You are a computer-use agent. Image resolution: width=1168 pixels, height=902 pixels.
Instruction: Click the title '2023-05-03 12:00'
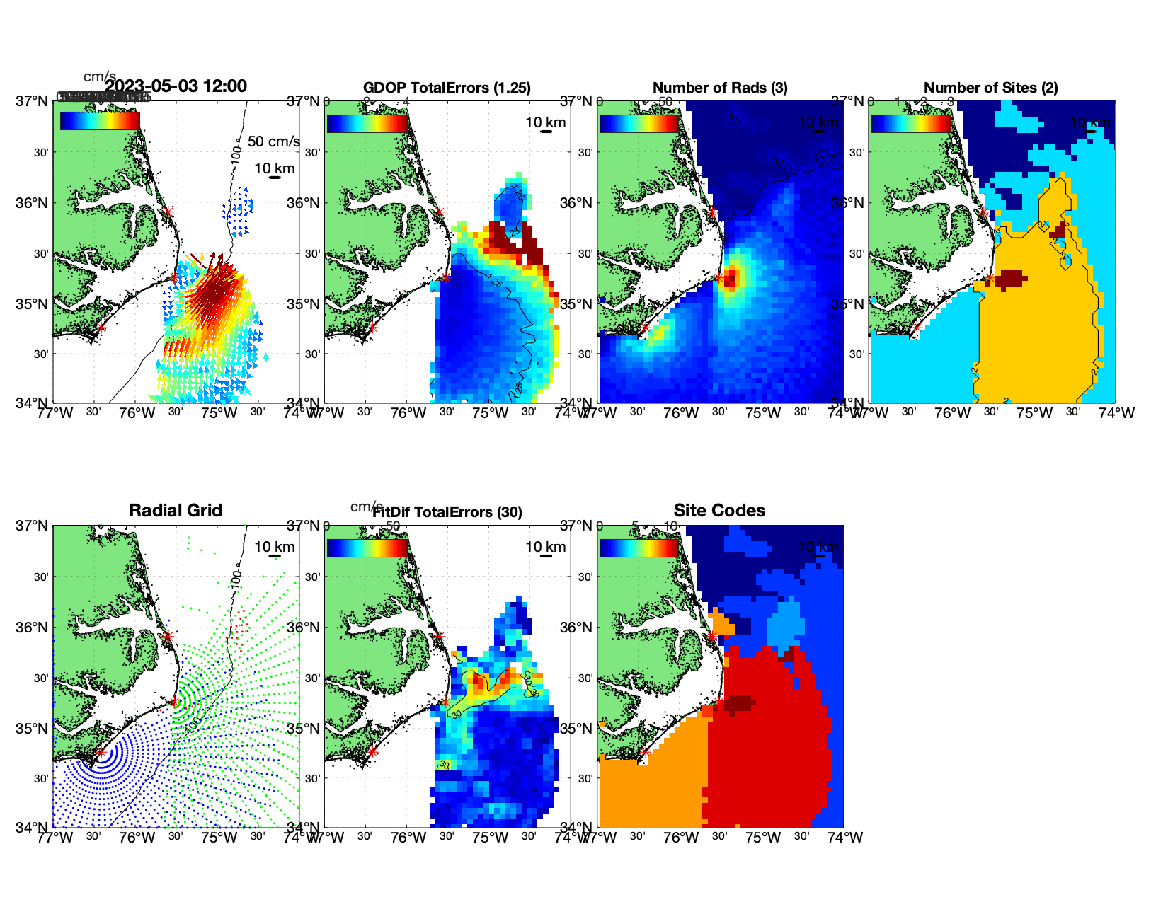click(x=176, y=86)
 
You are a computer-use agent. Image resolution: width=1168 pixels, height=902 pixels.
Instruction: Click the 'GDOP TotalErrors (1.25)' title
click(x=447, y=88)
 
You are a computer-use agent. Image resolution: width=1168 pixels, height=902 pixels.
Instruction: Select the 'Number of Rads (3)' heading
click(x=719, y=88)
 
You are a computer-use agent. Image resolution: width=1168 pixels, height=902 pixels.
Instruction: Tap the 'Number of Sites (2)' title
click(x=990, y=88)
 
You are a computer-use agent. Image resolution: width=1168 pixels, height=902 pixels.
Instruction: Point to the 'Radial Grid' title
click(x=176, y=511)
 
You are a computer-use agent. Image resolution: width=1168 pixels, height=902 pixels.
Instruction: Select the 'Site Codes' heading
click(x=719, y=511)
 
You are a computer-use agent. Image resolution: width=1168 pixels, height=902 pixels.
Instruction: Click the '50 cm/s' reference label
click(x=273, y=141)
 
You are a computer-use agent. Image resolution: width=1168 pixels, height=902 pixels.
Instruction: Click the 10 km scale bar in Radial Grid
click(x=275, y=556)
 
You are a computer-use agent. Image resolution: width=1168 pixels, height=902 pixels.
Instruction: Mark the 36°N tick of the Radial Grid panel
click(x=33, y=628)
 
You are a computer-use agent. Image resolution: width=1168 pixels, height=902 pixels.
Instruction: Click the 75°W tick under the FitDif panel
click(x=491, y=838)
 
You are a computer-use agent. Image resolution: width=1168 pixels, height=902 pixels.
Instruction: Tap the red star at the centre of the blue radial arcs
click(x=101, y=752)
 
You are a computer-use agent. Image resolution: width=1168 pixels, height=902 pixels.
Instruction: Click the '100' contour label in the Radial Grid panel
click(x=236, y=579)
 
